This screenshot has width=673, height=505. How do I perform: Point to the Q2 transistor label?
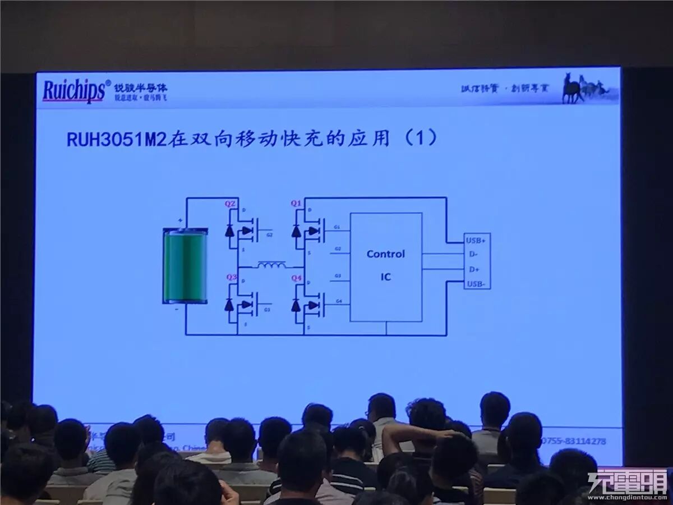(230, 204)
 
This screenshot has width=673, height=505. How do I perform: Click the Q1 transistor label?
(296, 203)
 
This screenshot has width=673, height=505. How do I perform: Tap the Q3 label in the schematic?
(231, 277)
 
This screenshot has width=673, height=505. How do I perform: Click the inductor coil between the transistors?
(271, 264)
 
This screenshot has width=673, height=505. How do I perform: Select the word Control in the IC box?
(385, 254)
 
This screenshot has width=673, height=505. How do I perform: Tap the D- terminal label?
(473, 255)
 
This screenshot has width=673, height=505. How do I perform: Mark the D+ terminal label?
(474, 269)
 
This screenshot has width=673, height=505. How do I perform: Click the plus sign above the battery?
(180, 220)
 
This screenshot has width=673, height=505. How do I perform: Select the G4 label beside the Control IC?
(338, 301)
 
